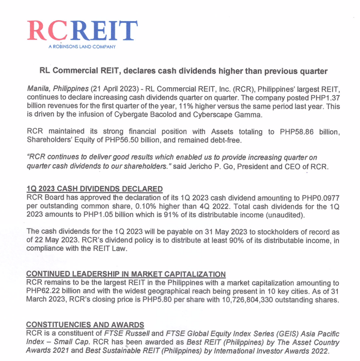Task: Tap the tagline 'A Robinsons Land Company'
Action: pos(82,47)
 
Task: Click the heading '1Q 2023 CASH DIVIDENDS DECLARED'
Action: pos(95,189)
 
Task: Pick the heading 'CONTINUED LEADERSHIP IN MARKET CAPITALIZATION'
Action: pos(126,274)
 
